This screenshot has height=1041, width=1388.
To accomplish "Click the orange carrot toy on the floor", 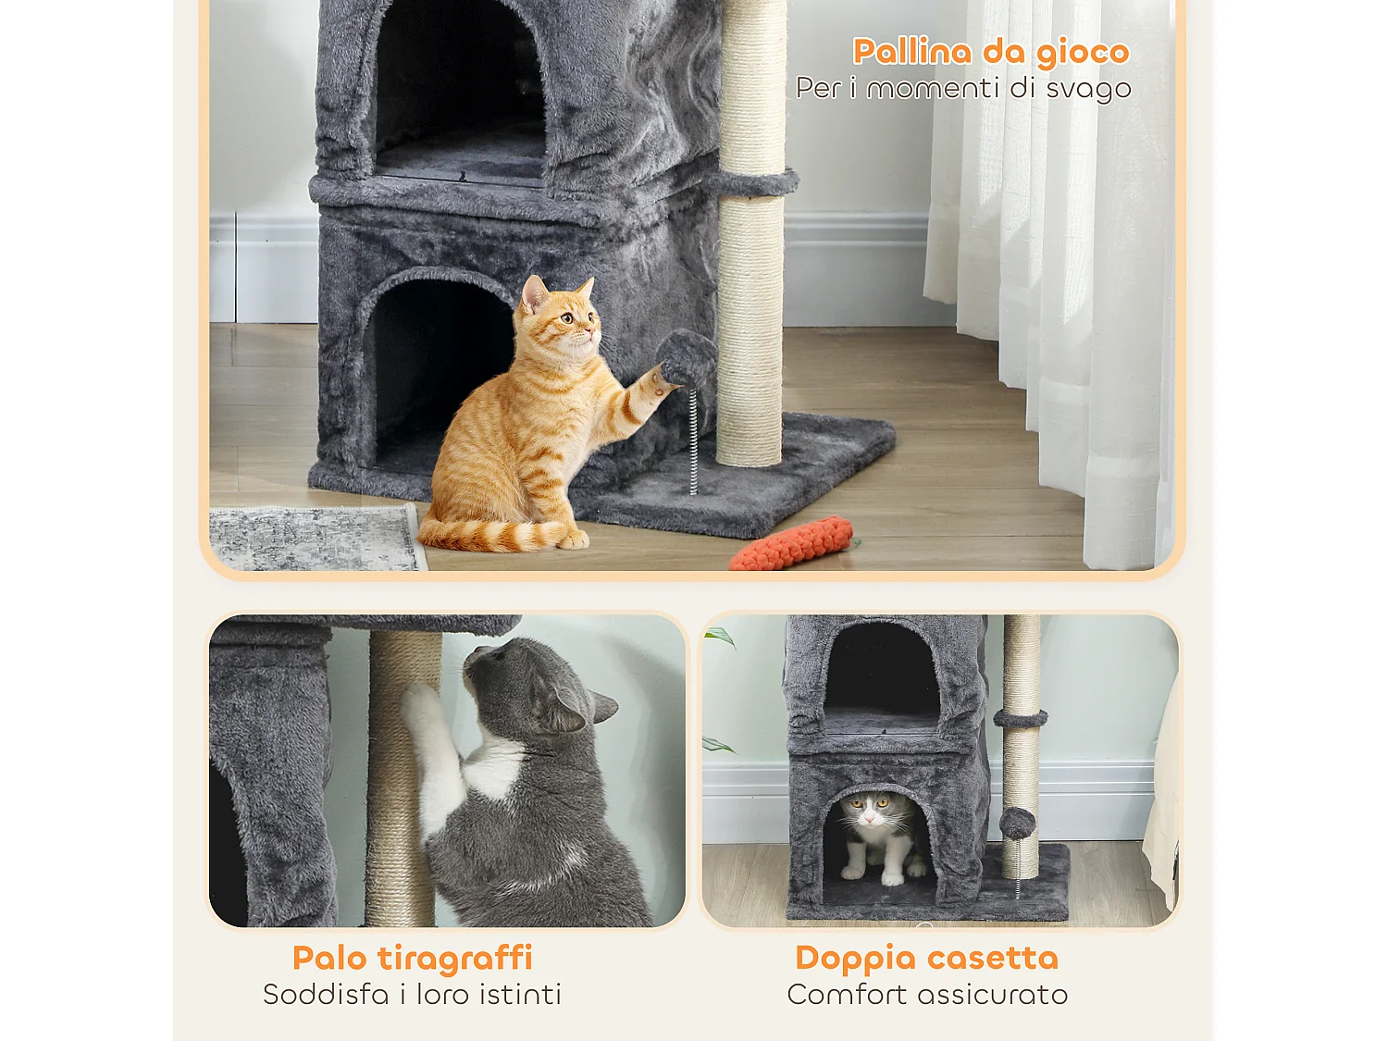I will [792, 544].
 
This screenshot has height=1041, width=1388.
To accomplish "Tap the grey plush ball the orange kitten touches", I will [687, 358].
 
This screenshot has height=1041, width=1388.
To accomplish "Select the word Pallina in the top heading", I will [911, 52].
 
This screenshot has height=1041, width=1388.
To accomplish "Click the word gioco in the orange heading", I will [1083, 53].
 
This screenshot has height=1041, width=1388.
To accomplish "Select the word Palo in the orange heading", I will [329, 958].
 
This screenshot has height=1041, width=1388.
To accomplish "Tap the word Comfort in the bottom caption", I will [847, 995].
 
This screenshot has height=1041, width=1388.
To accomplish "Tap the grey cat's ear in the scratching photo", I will [601, 708].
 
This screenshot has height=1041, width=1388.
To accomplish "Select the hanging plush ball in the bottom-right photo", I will [1017, 823].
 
